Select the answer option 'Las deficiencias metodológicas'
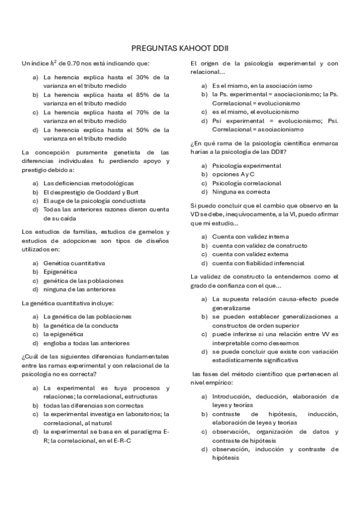tap(88, 183)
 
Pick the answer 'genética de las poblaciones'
tap(84, 280)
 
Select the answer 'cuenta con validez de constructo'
tap(260, 245)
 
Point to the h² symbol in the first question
tap(53, 62)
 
